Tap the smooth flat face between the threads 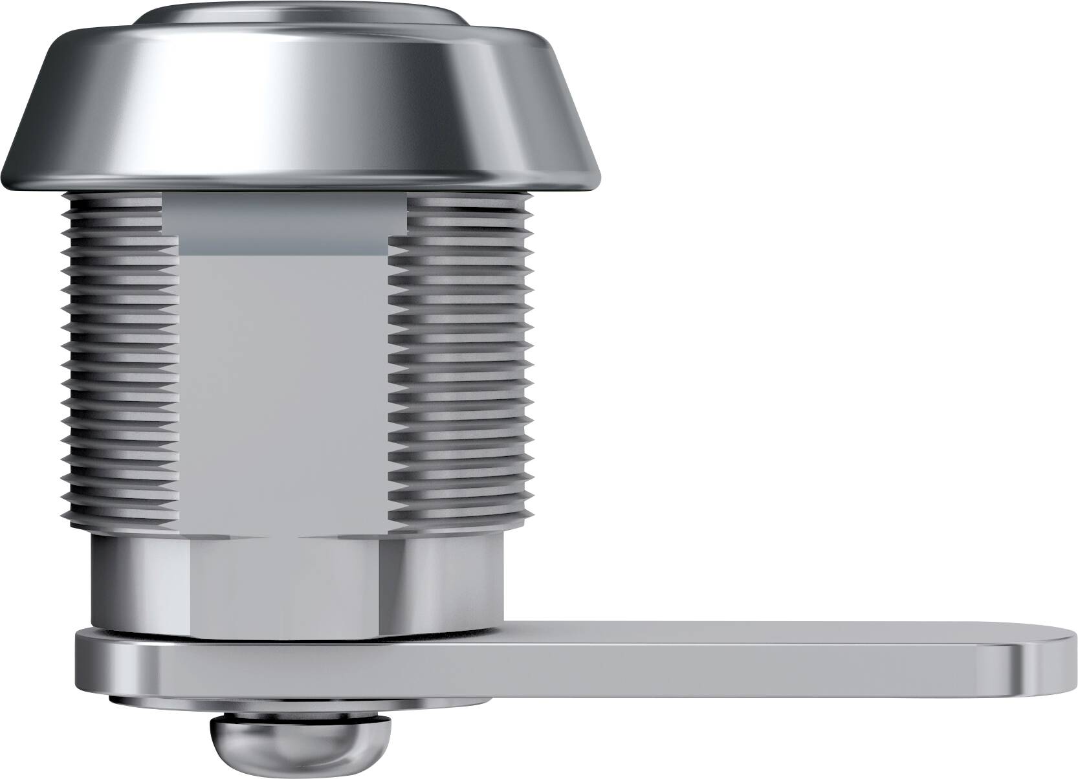(x=285, y=388)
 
